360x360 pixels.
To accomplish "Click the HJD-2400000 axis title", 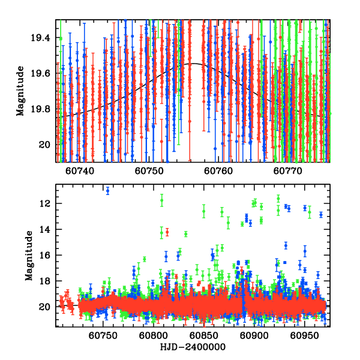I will [191, 347].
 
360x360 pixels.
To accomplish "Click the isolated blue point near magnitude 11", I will [107, 191].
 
